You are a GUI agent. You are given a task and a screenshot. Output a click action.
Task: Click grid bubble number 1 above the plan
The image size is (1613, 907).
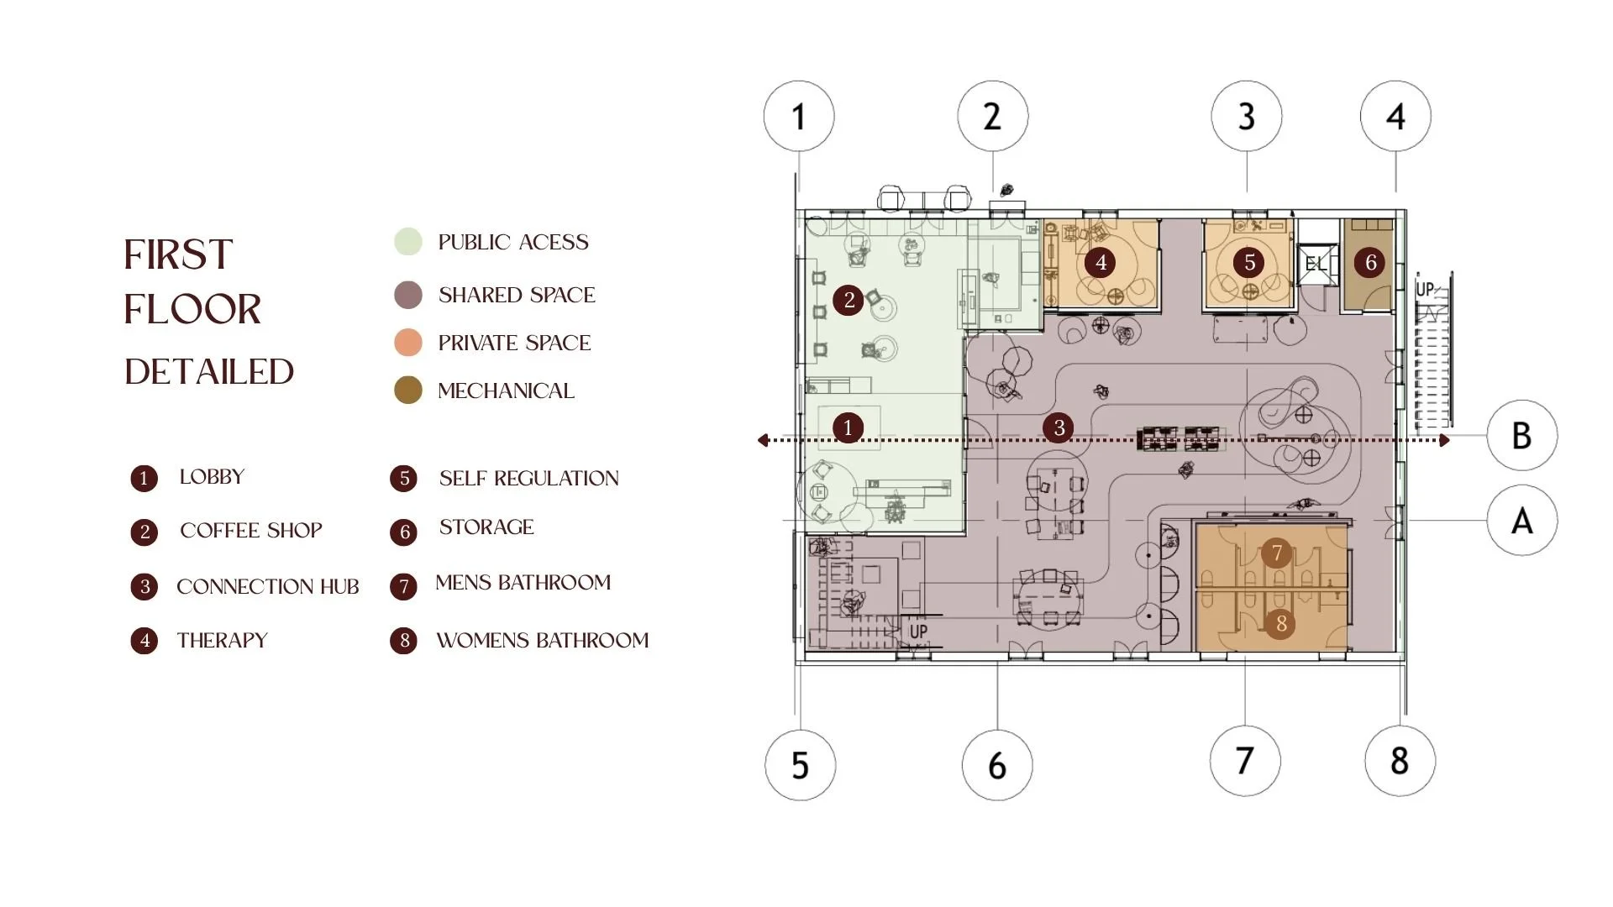(x=799, y=116)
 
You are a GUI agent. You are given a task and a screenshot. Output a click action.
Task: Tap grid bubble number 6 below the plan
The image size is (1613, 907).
(x=997, y=765)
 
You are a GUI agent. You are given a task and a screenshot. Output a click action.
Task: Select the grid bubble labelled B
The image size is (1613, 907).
(x=1521, y=435)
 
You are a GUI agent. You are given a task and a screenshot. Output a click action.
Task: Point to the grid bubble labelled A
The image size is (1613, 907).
(x=1521, y=521)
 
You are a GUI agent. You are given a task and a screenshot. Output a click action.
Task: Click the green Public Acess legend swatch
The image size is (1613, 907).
(x=408, y=242)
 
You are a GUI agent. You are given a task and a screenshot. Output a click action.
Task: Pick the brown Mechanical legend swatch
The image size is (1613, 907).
(x=408, y=390)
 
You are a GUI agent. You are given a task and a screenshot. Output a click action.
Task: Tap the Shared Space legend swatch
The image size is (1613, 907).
(x=408, y=295)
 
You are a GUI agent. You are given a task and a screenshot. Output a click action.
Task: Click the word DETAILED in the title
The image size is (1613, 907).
(x=209, y=372)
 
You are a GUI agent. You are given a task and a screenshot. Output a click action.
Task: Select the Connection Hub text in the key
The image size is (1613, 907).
(x=268, y=586)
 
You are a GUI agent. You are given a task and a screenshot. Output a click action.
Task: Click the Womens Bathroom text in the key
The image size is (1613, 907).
(x=543, y=640)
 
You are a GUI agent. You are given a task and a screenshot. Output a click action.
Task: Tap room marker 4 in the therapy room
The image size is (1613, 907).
(x=1101, y=262)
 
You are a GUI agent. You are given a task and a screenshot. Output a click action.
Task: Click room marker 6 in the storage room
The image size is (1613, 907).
(x=1370, y=262)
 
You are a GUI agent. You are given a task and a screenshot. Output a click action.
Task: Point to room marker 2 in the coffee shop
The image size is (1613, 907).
(x=849, y=300)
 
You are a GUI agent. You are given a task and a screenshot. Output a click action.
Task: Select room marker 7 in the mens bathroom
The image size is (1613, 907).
(x=1277, y=553)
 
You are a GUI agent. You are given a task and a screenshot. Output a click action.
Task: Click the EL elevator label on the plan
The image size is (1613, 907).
(x=1315, y=264)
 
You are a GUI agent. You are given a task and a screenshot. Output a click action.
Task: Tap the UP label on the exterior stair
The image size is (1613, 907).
(x=1425, y=289)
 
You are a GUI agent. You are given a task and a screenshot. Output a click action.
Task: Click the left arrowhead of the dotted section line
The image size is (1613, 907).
(x=763, y=440)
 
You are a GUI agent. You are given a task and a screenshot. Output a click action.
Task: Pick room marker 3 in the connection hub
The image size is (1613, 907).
(x=1059, y=427)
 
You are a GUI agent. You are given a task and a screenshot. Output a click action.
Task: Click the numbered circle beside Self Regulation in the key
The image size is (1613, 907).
(x=404, y=479)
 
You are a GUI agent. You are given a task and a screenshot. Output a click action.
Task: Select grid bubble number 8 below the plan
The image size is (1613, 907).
(x=1400, y=760)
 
